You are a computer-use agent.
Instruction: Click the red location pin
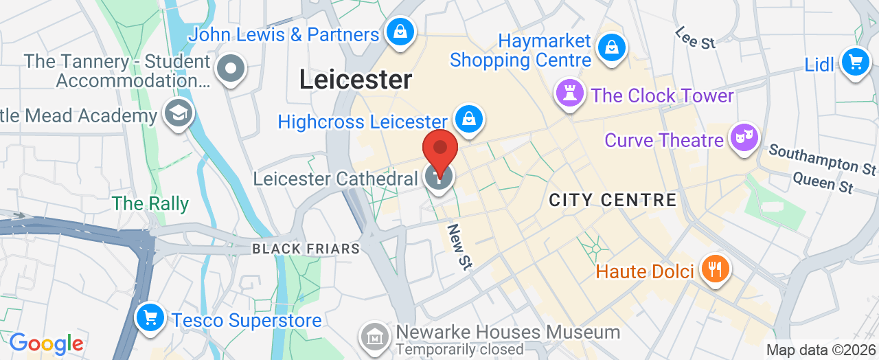point(439,148)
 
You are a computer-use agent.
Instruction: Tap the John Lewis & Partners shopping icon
point(398,32)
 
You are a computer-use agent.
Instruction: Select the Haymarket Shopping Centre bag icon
point(609,48)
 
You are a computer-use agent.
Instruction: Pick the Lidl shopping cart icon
point(855,63)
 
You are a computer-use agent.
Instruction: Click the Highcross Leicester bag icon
point(469,118)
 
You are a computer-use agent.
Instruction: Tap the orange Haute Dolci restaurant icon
point(715,269)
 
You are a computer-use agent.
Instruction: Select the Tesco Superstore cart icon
point(149,318)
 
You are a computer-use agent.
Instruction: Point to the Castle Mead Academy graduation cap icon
point(179,113)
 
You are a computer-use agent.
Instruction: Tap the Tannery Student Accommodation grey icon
point(231,69)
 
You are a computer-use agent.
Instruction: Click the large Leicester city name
point(356,80)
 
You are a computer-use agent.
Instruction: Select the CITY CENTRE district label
point(613,200)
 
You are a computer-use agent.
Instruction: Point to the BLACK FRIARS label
point(306,249)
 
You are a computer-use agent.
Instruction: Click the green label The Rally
point(150,203)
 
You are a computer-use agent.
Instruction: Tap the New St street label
point(459,246)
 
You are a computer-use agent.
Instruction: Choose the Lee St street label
point(695,38)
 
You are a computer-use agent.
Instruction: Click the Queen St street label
point(822,183)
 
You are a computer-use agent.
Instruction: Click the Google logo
point(46,344)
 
